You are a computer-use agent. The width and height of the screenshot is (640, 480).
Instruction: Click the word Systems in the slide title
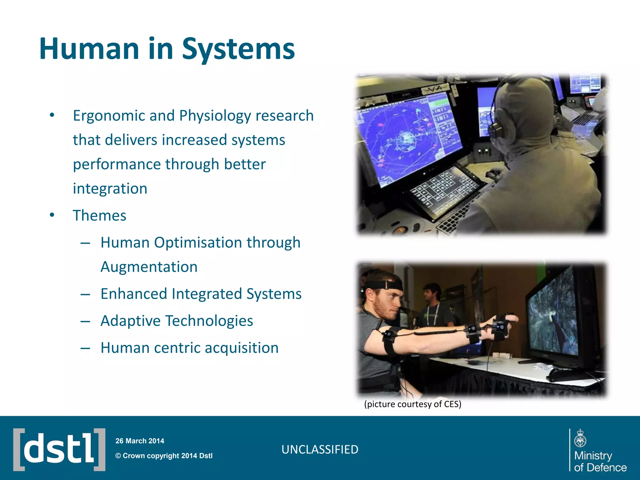(238, 49)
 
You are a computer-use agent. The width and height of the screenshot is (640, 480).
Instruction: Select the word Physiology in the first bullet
(215, 116)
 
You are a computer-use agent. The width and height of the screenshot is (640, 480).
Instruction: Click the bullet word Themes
(99, 216)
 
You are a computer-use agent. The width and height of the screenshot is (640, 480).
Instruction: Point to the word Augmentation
(149, 267)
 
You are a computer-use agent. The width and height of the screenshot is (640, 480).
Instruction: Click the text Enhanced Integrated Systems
(201, 294)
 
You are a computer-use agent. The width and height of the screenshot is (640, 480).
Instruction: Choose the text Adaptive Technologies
(177, 321)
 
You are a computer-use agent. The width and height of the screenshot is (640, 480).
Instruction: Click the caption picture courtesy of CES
(412, 404)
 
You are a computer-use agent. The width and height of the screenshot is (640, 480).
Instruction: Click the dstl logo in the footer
(59, 450)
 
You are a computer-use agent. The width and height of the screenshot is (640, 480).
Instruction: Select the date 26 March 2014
(140, 441)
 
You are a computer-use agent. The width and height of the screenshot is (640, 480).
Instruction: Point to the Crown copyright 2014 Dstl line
(164, 456)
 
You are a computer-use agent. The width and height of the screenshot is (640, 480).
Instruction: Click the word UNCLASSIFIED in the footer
(320, 450)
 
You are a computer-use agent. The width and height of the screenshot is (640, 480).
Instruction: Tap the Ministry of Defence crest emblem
(580, 439)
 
